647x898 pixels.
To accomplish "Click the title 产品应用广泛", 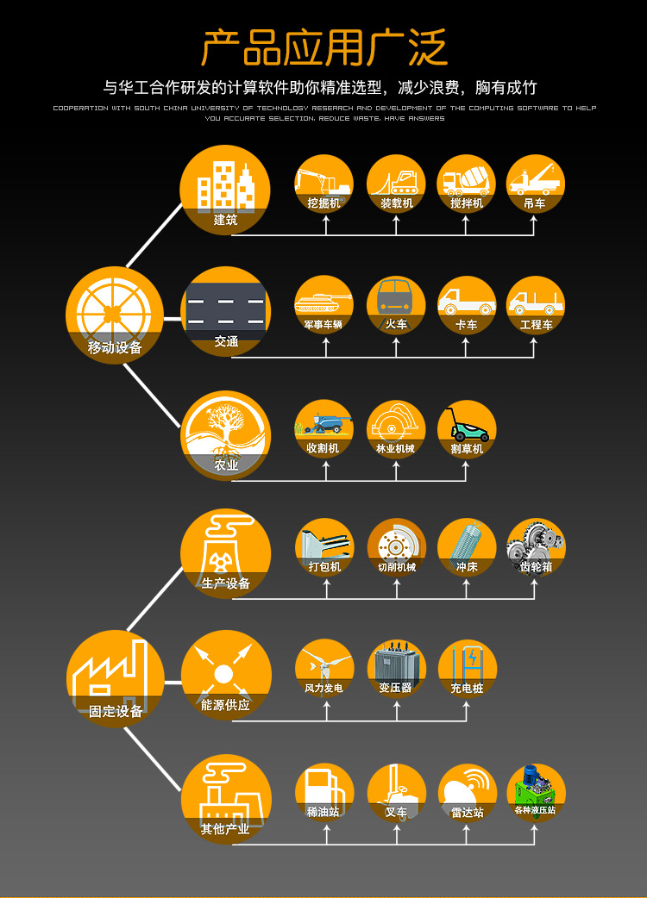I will [323, 48].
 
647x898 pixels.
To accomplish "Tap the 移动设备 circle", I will [115, 315].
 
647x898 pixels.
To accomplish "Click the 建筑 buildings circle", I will [225, 190].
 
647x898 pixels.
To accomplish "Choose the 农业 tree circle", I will [225, 435].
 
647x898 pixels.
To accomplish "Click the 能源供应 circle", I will [225, 676].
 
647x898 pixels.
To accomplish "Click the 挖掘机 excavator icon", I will [324, 184].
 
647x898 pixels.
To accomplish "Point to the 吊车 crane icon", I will [535, 184].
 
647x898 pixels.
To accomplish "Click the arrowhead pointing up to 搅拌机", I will [466, 220].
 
